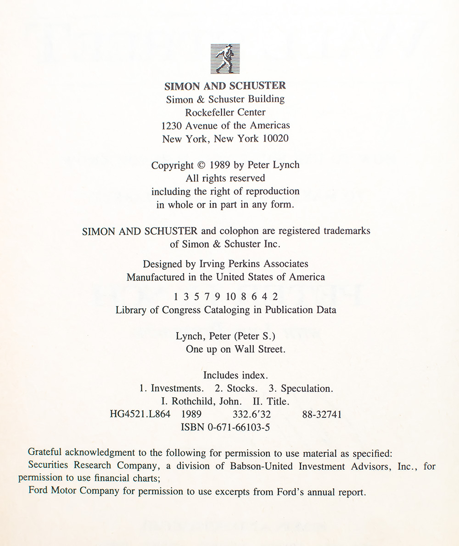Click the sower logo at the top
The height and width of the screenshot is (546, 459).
pyautogui.click(x=225, y=59)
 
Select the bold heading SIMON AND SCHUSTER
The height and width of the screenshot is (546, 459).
pyautogui.click(x=225, y=86)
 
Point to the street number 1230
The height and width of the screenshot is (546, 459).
pyautogui.click(x=172, y=125)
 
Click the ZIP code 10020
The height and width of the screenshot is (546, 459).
pyautogui.click(x=275, y=139)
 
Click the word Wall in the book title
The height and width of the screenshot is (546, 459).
pyautogui.click(x=246, y=349)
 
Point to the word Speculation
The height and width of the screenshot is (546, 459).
pyautogui.click(x=306, y=388)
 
